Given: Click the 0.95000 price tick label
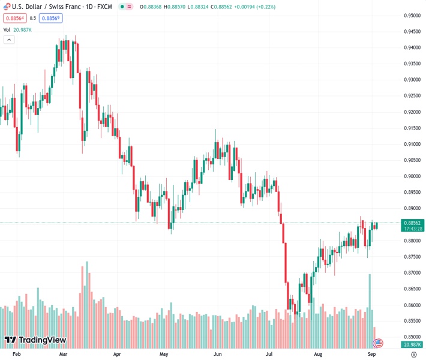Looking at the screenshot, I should pyautogui.click(x=411, y=15).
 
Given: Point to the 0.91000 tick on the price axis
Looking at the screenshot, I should pyautogui.click(x=411, y=144).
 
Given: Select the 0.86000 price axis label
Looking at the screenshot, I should pyautogui.click(x=411, y=305).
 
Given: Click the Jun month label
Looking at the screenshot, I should pyautogui.click(x=218, y=355).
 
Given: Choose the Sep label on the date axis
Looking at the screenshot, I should pyautogui.click(x=372, y=355).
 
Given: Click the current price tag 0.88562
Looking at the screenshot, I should pyautogui.click(x=411, y=223).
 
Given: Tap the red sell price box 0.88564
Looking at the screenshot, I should pyautogui.click(x=14, y=18).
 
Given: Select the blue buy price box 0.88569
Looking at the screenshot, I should pyautogui.click(x=51, y=18).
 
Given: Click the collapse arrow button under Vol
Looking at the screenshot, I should pyautogui.click(x=9, y=40).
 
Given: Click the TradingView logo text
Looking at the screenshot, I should pyautogui.click(x=42, y=340).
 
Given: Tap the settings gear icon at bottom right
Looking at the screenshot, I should pyautogui.click(x=413, y=355).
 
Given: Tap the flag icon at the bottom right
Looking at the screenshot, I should pyautogui.click(x=378, y=343).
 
